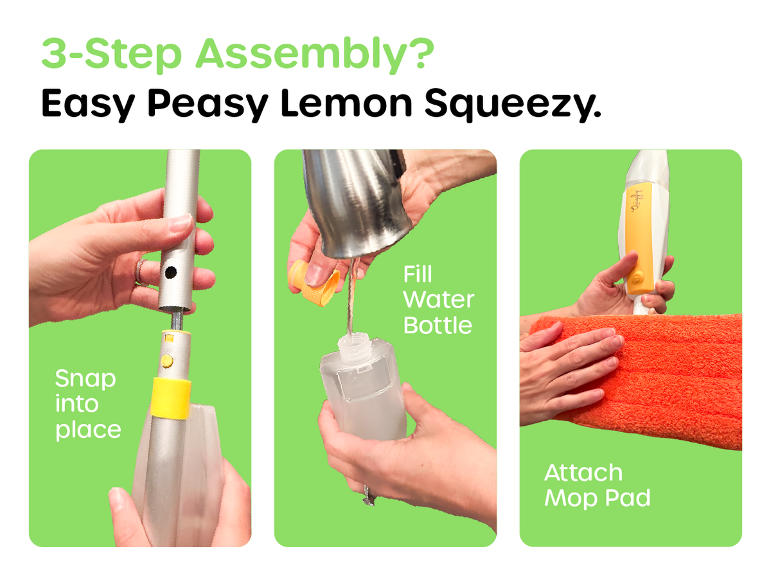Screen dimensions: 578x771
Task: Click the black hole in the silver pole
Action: click(x=170, y=272)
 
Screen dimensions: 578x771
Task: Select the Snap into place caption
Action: click(x=87, y=404)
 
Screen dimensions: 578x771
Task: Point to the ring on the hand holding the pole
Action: click(x=139, y=272)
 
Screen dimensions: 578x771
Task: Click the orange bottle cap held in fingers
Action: click(x=314, y=283)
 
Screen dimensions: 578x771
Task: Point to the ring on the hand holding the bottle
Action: click(x=368, y=495)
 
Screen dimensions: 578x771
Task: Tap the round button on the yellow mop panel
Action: click(x=637, y=277)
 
